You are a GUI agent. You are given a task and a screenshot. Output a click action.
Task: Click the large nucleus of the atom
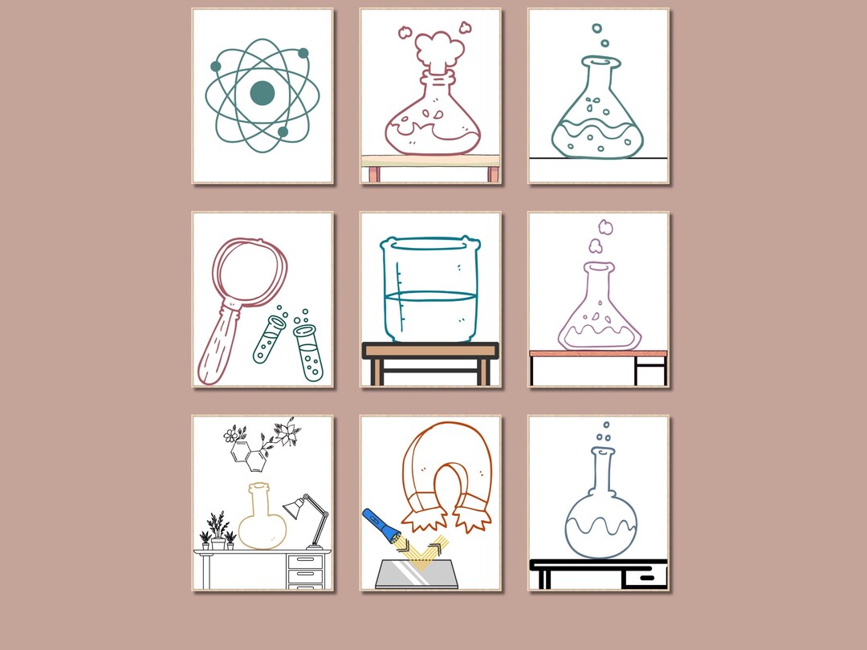point(262,94)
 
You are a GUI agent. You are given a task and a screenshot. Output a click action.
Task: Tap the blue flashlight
point(380,525)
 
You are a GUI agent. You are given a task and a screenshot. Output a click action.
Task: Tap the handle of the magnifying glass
point(217,349)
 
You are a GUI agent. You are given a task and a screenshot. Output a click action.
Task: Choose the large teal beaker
point(429,290)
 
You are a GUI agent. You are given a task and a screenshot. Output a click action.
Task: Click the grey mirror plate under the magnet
point(417,573)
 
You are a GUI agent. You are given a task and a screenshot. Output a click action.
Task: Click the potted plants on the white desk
point(217,533)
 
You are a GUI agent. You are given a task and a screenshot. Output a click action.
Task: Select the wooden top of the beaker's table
point(430,351)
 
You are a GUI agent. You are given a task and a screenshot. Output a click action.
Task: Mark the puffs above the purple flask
point(599,238)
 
